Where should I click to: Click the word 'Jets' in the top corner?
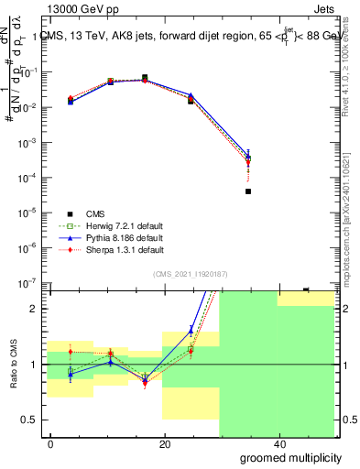(324, 8)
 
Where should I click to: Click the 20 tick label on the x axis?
(165, 443)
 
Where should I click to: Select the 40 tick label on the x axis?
(279, 443)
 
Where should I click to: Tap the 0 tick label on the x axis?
(50, 443)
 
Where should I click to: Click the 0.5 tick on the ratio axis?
(29, 420)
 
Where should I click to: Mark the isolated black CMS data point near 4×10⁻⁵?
(248, 191)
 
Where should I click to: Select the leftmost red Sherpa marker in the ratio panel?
(71, 351)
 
